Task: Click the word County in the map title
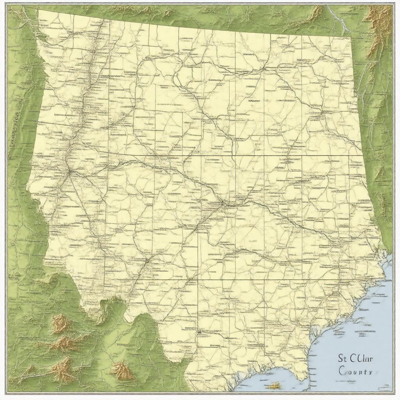coord(355,371)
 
